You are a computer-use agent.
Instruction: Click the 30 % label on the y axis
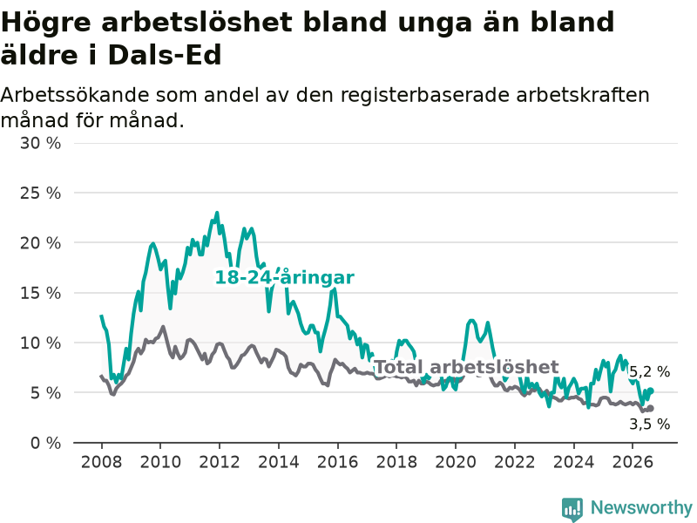[x=40, y=143]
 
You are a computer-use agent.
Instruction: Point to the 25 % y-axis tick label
[x=40, y=193]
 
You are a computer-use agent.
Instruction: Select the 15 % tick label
[x=40, y=293]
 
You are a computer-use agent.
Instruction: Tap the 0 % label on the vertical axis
[x=45, y=443]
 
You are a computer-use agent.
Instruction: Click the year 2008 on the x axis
[x=101, y=462]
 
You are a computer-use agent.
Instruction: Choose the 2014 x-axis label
[x=279, y=462]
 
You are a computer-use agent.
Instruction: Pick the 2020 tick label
[x=456, y=462]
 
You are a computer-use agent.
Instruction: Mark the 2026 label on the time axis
[x=633, y=462]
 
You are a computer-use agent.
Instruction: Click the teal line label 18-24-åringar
[x=285, y=277]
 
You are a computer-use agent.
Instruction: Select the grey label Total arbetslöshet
[x=467, y=367]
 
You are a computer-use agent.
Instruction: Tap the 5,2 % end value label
[x=649, y=372]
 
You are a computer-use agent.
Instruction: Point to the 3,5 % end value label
[x=649, y=425]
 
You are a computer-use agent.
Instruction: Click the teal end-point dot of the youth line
[x=651, y=391]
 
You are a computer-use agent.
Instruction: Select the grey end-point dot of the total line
[x=651, y=408]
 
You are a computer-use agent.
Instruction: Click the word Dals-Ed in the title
[x=165, y=55]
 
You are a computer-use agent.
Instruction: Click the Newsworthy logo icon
[x=572, y=508]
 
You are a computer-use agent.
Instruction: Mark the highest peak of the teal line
[x=217, y=213]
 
